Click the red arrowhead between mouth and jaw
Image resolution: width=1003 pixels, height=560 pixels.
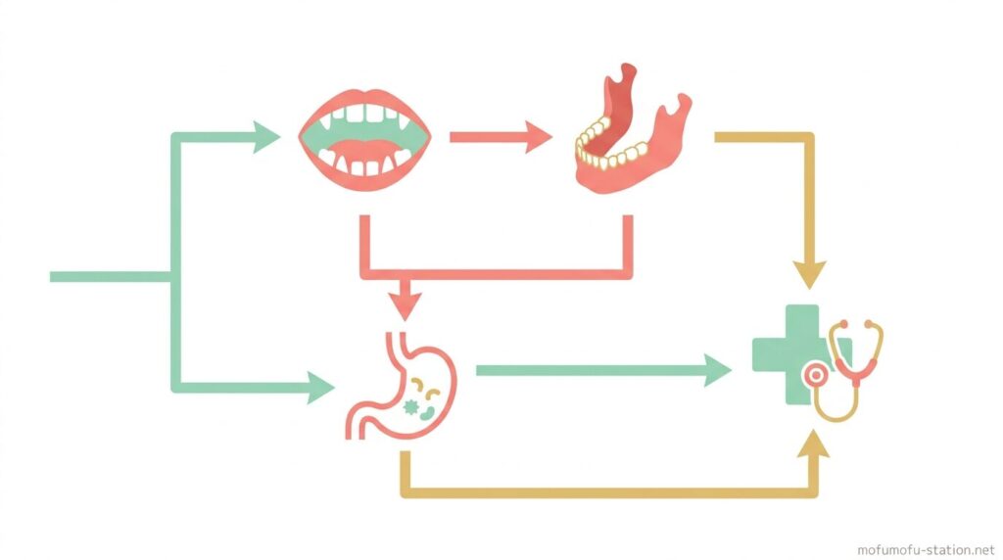(538, 137)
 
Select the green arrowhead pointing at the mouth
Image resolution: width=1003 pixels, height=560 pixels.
(266, 137)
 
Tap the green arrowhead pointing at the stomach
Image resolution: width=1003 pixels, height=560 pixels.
(321, 388)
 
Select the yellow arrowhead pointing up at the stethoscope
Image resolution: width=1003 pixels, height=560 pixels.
(811, 445)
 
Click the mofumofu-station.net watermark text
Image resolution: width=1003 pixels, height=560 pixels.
(925, 549)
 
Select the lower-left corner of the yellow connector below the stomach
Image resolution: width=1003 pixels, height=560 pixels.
(405, 491)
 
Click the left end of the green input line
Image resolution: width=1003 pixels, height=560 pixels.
(53, 277)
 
